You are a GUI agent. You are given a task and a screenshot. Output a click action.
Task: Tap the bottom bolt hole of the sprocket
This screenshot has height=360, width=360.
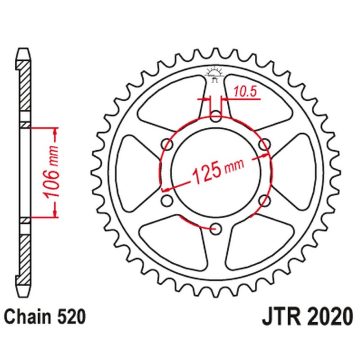216,228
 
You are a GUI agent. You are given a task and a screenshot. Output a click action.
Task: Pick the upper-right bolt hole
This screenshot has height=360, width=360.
265,145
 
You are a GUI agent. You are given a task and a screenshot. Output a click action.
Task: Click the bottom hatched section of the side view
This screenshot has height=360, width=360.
26,256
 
